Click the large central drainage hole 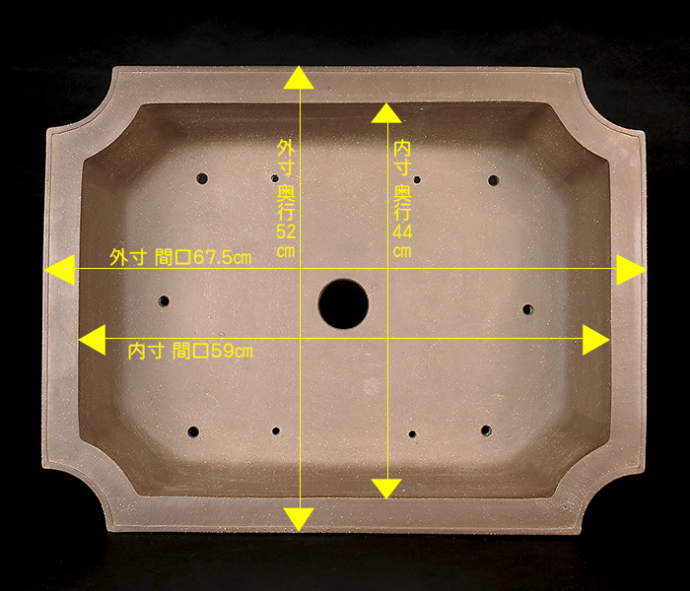pos(343,303)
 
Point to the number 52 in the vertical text pos(286,231)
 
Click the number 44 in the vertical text pos(402,231)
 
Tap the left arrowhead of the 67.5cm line pos(60,270)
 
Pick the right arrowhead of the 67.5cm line pos(631,270)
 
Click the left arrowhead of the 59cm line pos(93,340)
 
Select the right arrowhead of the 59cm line pos(596,340)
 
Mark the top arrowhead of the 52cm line pos(299,78)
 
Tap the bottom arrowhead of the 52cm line pos(299,519)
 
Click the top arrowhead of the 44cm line pos(386,113)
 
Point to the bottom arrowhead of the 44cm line pos(386,489)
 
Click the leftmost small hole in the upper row pos(202,178)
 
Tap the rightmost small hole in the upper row pos(493,180)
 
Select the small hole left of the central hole pos(164,301)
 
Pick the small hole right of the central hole pos(527,309)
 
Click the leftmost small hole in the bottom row pos(193,431)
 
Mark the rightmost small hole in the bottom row pos(486,430)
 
